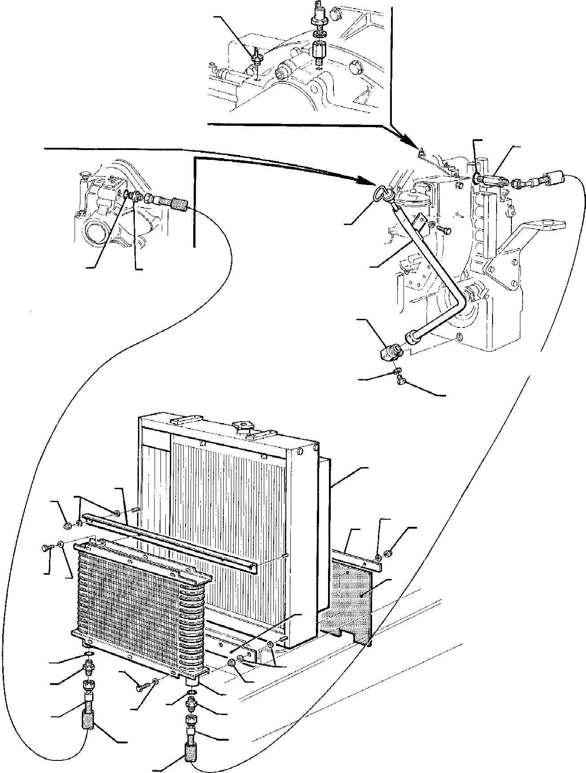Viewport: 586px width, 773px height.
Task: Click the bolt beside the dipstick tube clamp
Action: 444,229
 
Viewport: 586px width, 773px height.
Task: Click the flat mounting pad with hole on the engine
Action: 544,224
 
